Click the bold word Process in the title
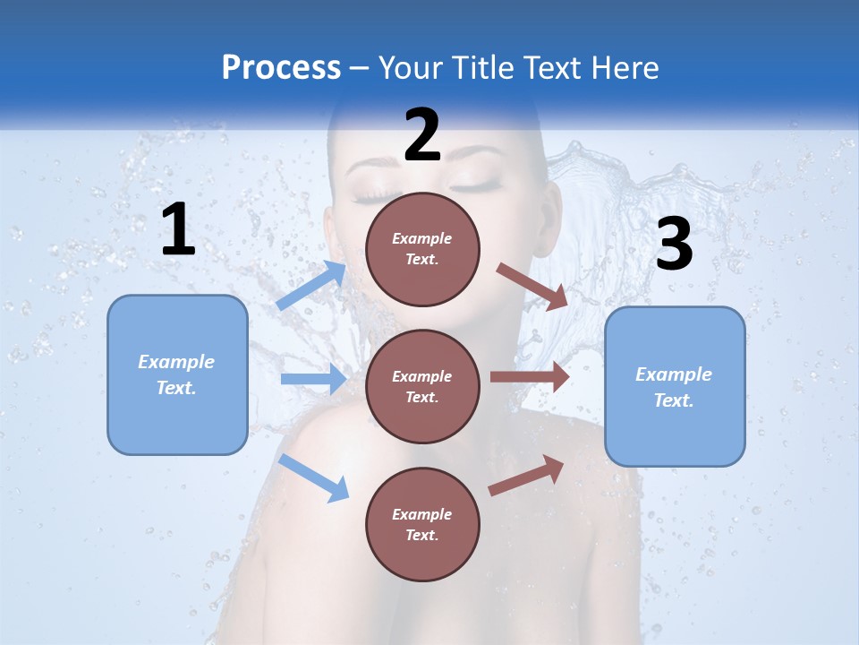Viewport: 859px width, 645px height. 281,67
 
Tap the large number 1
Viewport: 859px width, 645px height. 178,230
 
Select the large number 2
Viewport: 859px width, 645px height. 422,135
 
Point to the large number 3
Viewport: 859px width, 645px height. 674,245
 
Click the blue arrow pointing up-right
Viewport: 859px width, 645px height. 311,286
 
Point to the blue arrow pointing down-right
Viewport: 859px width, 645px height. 314,477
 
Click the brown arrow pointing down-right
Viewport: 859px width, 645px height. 532,287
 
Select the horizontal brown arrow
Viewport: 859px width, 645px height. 530,376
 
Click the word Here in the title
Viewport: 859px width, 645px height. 626,67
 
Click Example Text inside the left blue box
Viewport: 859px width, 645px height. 176,374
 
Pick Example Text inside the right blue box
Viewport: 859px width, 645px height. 674,387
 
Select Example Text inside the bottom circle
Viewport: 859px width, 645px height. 421,524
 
